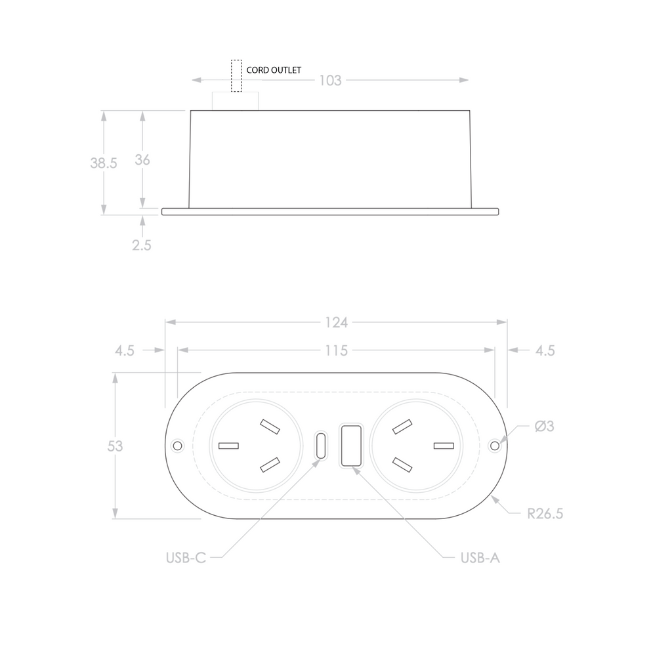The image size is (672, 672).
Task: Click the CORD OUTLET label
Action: [274, 70]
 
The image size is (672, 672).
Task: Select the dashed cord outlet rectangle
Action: [236, 75]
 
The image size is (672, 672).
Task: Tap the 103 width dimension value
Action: [330, 80]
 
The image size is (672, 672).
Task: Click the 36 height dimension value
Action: [142, 159]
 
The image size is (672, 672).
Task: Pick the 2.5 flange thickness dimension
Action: [142, 245]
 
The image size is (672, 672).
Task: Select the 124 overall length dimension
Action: [336, 322]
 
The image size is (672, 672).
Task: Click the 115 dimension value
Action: [336, 350]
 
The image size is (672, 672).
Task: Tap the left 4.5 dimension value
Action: [125, 350]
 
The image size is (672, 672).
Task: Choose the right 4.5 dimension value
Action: [545, 350]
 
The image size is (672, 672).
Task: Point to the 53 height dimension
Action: [115, 446]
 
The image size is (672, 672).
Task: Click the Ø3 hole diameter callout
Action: [544, 427]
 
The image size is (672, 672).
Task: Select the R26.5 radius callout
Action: [545, 513]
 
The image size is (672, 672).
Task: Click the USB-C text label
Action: [186, 558]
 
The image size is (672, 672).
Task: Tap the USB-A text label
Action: [480, 558]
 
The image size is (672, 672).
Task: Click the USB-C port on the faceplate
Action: [321, 446]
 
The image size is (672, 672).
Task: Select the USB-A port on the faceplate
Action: [350, 446]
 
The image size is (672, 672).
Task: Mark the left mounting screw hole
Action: [177, 446]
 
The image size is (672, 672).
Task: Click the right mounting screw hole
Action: [495, 446]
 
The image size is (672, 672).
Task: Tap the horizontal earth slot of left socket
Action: [228, 446]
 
